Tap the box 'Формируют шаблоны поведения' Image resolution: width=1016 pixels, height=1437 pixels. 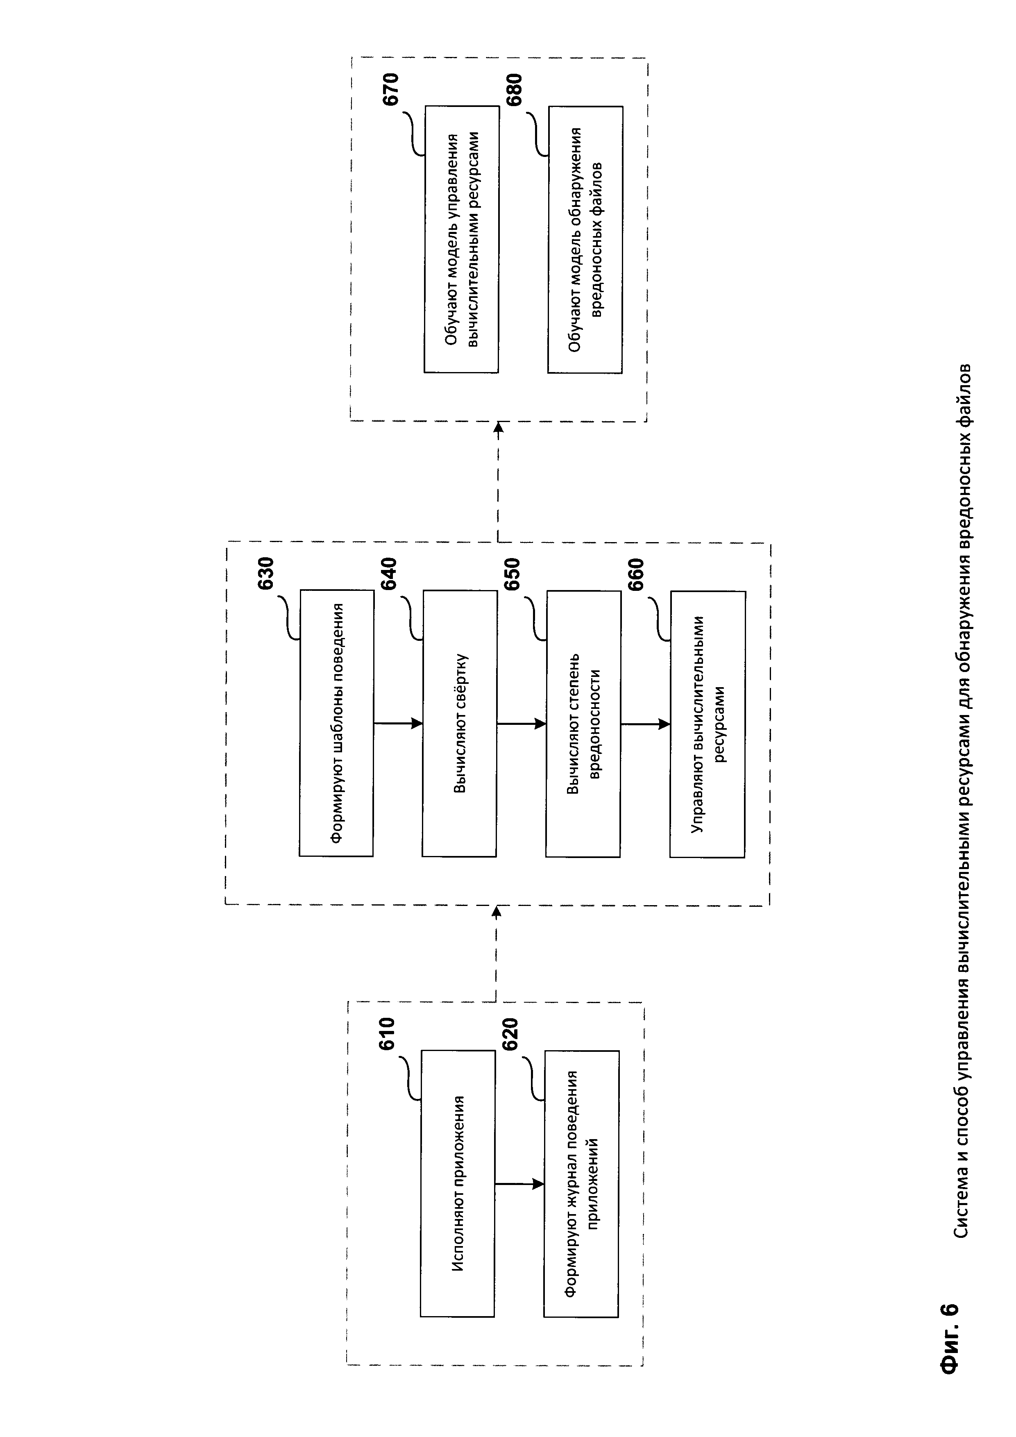click(x=336, y=723)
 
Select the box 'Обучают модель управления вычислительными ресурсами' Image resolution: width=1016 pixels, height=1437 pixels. click(x=462, y=239)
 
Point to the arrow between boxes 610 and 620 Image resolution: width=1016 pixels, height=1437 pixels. click(x=519, y=1183)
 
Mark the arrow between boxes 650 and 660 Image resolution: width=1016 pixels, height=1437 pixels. click(x=645, y=724)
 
